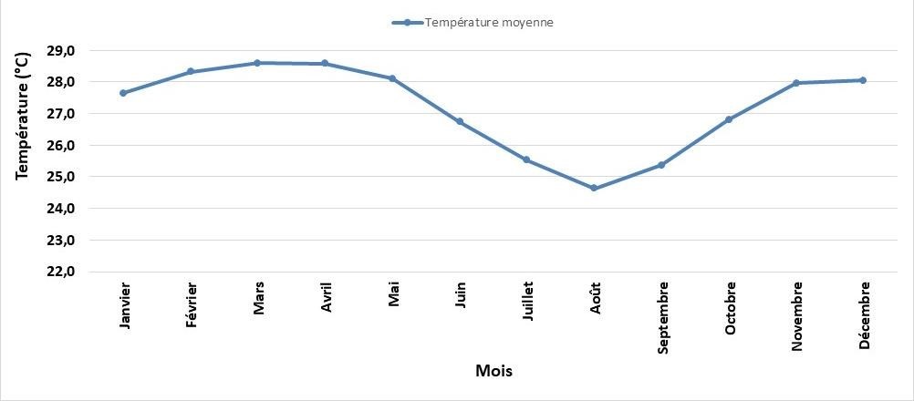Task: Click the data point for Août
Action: tap(594, 188)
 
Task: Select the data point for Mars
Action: tap(257, 63)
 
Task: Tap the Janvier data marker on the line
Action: tap(123, 93)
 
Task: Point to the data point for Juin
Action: tap(460, 121)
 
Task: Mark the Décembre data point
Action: tap(863, 80)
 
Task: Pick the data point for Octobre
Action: tap(729, 119)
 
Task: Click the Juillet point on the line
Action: tap(526, 159)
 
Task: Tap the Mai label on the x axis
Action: tap(394, 294)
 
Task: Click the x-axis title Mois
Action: tap(493, 371)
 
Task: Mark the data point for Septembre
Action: tap(661, 165)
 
